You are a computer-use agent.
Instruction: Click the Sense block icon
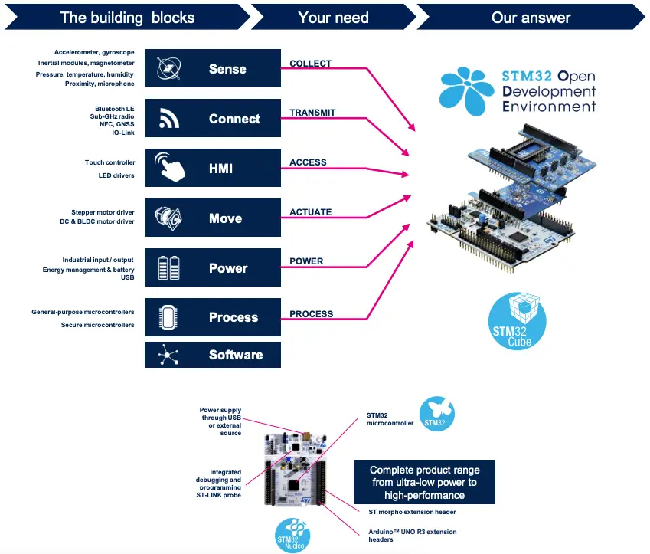click(168, 69)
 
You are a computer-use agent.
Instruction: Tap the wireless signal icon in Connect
click(168, 119)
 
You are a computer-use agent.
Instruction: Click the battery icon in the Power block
click(168, 268)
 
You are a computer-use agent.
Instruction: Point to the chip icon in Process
click(168, 317)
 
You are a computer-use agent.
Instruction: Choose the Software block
click(213, 355)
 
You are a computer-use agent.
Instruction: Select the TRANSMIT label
click(312, 113)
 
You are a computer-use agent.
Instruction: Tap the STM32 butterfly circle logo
click(434, 413)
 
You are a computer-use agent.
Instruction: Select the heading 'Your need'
click(333, 17)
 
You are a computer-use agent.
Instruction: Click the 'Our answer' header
click(531, 17)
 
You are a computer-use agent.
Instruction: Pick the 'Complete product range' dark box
click(423, 482)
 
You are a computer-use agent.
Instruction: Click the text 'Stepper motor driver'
click(103, 212)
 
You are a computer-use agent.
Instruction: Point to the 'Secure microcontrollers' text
click(97, 325)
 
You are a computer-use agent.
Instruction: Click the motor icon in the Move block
click(168, 218)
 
